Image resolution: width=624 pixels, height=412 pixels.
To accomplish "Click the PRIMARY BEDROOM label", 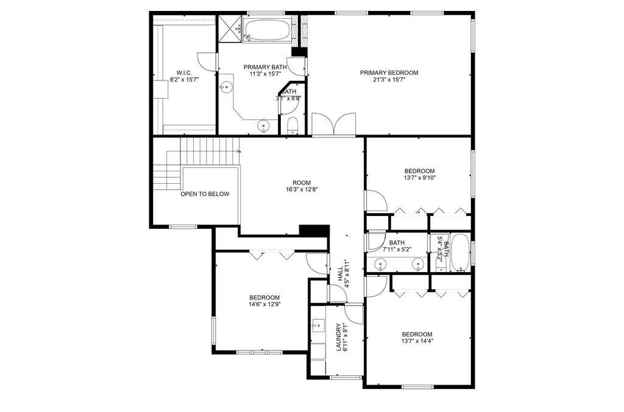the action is pos(389,72).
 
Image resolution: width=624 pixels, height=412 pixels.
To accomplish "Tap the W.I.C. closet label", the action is pos(184,72).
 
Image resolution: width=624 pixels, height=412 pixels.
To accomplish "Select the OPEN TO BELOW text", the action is pos(205,194).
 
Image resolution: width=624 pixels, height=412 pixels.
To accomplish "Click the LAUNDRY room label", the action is pos(339,337).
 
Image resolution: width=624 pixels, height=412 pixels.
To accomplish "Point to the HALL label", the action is pos(341,274).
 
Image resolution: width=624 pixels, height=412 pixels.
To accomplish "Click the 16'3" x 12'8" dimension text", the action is pos(302,189).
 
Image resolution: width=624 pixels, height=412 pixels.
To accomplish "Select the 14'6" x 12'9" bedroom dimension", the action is pos(264,304).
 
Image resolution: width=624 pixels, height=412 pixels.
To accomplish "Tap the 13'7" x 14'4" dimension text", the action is pos(417,341).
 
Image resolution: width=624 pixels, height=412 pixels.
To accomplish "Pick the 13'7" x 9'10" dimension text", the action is pos(419,178).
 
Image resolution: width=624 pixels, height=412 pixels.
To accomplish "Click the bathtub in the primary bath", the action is pos(267,30).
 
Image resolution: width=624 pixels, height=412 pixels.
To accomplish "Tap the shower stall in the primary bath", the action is pos(230,29).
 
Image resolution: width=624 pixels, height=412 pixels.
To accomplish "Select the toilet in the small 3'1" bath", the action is pos(292,125).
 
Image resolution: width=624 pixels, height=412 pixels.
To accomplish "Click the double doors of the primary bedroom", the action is pos(333,125).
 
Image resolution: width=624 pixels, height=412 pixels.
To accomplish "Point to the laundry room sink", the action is pos(318,326).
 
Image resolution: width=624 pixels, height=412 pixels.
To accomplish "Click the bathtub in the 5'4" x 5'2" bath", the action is pos(460,253).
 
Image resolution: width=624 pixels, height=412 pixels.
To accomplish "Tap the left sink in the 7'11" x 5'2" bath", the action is pos(381,263).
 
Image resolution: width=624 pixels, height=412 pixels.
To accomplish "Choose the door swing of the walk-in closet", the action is pos(207,62).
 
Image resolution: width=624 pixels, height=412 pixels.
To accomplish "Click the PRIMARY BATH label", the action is pos(265,67).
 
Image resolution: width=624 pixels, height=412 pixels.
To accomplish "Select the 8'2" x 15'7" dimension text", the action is pos(184,80).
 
